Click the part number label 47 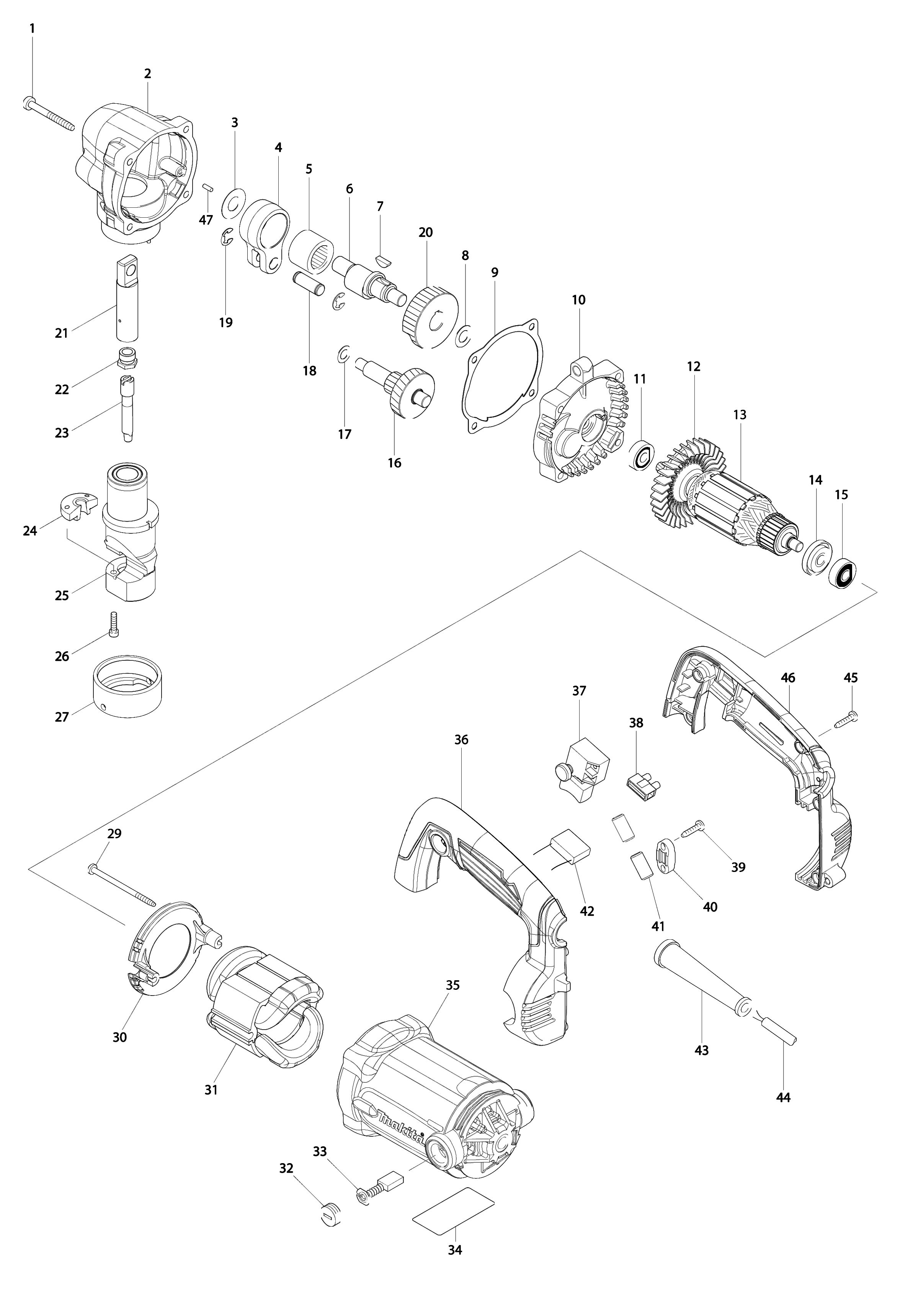pyautogui.click(x=206, y=220)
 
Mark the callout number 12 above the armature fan pyautogui.click(x=693, y=367)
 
